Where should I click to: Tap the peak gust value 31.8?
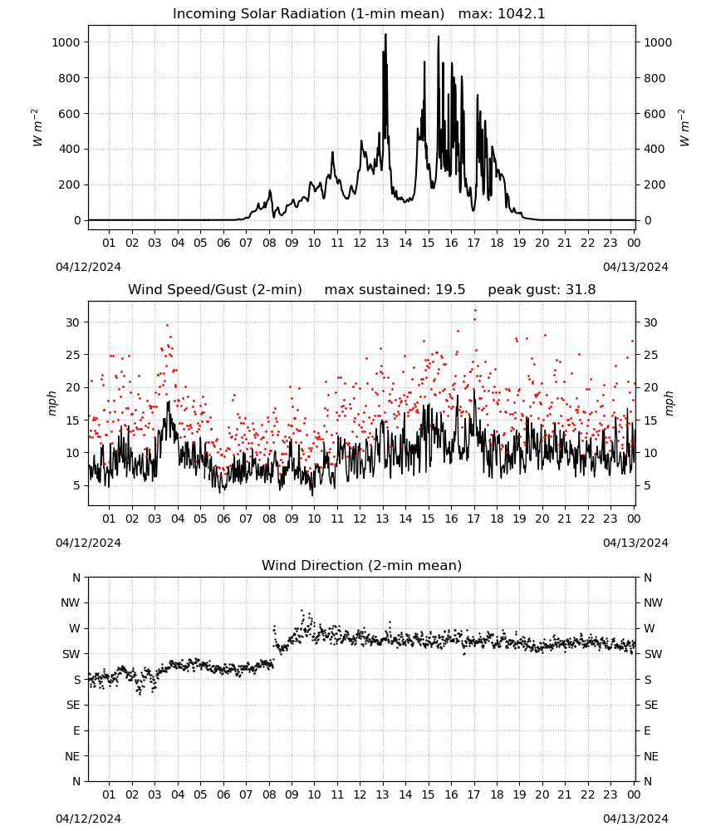pos(580,290)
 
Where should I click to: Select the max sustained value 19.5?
pos(450,290)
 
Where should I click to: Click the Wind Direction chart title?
pos(362,565)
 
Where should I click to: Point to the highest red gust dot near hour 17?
pos(475,310)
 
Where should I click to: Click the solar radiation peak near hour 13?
pos(385,34)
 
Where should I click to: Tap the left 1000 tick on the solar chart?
pos(66,42)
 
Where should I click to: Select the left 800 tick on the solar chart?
pos(70,78)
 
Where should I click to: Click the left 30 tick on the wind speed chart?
pos(72,322)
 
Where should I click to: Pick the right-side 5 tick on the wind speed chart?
pos(647,485)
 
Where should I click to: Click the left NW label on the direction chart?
pos(71,602)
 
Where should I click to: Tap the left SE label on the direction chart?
pos(73,705)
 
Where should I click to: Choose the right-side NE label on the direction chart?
pos(651,756)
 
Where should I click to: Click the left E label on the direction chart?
pos(76,730)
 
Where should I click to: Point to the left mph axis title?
pos(51,403)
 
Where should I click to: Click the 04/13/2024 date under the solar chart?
pos(635,267)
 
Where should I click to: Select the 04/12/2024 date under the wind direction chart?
pos(88,819)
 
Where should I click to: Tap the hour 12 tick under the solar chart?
pos(360,243)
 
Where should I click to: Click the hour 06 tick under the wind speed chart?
pos(223,519)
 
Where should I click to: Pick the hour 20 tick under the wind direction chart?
pos(542,794)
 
